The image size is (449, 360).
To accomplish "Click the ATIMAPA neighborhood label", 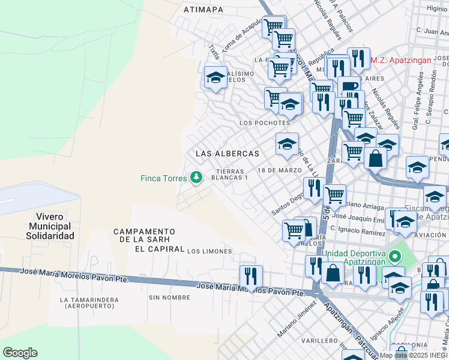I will click(x=203, y=10).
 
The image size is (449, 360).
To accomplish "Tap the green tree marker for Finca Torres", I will click(x=195, y=178).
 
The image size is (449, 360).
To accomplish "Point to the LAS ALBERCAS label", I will click(x=228, y=154).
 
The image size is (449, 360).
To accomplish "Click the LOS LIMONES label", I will click(x=209, y=251).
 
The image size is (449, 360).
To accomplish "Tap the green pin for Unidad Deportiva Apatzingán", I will click(x=394, y=257).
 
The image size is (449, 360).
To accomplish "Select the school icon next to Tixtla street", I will click(x=215, y=77).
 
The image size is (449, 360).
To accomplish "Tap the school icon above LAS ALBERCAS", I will click(x=288, y=144).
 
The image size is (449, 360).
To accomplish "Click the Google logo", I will click(x=20, y=352).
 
